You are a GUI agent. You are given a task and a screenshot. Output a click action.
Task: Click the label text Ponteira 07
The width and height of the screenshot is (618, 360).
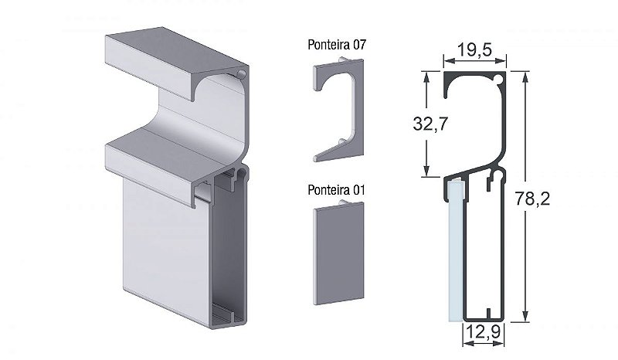336,46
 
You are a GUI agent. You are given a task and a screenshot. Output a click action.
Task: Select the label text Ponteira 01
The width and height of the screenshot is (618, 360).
336,189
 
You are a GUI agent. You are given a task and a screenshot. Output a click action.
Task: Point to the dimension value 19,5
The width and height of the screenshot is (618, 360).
474,50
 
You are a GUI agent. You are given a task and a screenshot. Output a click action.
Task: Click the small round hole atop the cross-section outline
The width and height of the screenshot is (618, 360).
498,79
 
